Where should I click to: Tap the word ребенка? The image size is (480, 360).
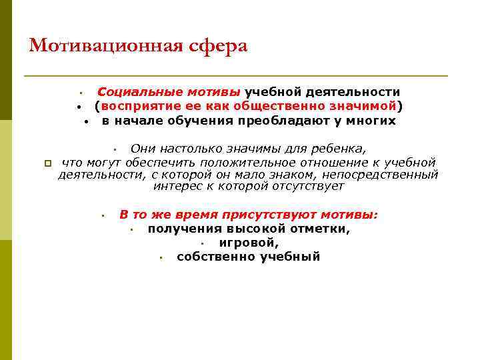341,148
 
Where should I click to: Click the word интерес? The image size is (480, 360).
176,187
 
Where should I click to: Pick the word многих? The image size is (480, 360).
373,121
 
